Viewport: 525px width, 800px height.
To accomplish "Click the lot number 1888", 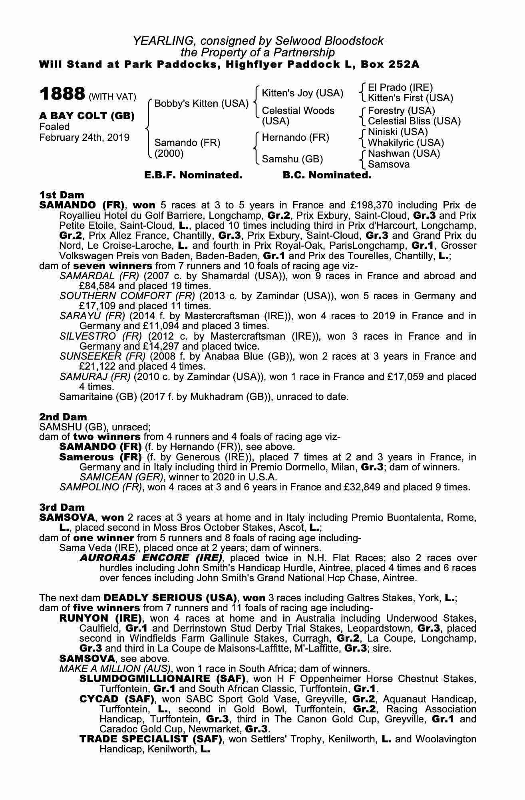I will coord(62,94).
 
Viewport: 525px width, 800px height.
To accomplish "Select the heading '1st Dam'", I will coord(62,195).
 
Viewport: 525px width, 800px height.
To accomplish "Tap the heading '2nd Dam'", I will coord(63,417).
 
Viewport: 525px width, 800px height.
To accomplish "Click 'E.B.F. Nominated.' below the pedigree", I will coord(193,175).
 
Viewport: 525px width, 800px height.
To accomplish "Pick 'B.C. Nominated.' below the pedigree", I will coord(327,175).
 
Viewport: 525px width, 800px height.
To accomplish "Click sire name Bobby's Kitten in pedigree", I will coord(201,104).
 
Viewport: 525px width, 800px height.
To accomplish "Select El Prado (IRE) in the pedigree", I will coord(400,88).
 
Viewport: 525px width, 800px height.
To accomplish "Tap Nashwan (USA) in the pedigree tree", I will coord(404,154).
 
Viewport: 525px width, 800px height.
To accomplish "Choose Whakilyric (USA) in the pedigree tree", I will coord(406,143).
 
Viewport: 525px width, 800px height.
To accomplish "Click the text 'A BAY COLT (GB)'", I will coord(87,116).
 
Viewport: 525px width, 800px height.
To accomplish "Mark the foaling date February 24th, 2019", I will coord(84,138).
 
